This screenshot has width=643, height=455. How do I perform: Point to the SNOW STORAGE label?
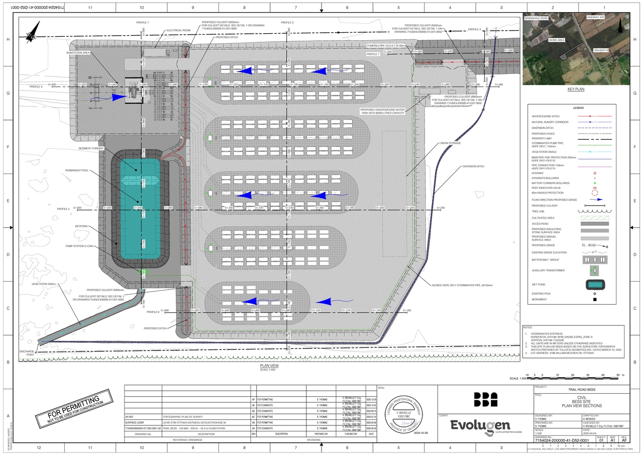pyautogui.click(x=451, y=143)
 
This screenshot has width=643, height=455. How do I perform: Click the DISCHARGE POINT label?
pyautogui.click(x=26, y=353)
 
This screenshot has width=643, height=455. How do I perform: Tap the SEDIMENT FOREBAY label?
pyautogui.click(x=91, y=149)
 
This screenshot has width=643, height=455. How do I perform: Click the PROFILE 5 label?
pyautogui.click(x=63, y=209)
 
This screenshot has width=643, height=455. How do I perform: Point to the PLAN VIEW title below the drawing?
pyautogui.click(x=269, y=366)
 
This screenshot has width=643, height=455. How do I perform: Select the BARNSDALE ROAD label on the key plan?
pyautogui.click(x=536, y=18)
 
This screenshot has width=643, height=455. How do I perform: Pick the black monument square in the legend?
pyautogui.click(x=595, y=300)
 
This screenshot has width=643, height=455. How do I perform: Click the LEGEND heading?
pyautogui.click(x=578, y=108)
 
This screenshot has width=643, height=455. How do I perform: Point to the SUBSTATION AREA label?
pyautogui.click(x=78, y=52)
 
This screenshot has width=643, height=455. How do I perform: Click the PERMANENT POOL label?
pyautogui.click(x=77, y=171)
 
